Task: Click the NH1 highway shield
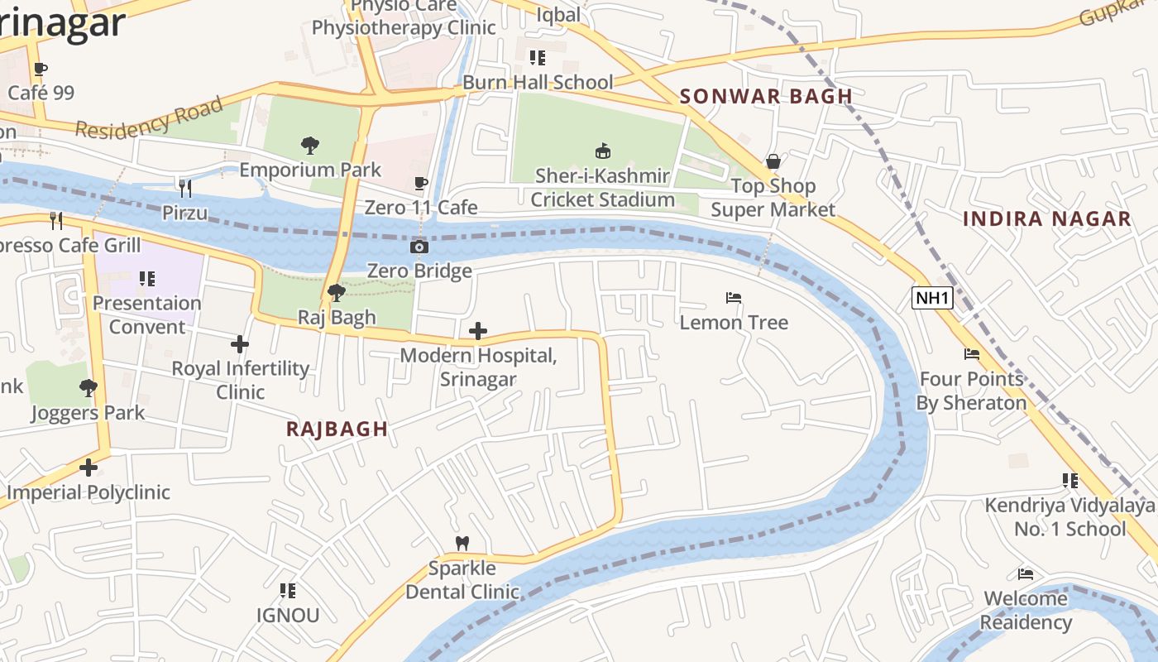point(932,298)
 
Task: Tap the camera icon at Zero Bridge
point(419,247)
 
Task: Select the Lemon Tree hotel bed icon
point(733,298)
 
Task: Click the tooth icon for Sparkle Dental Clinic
point(462,544)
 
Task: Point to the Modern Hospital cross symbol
point(477,331)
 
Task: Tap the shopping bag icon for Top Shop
point(773,161)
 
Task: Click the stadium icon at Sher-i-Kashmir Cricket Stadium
point(603,151)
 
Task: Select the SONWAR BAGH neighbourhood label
point(766,96)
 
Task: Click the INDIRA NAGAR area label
point(1046,219)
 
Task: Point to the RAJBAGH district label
point(337,429)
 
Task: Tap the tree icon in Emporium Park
point(310,146)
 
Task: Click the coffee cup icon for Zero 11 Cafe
point(420,183)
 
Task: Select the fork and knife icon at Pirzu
point(185,189)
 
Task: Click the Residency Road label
point(149,118)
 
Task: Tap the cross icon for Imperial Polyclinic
point(89,468)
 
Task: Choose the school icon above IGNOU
point(287,591)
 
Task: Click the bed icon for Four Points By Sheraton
point(972,354)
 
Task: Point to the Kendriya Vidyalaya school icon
point(1069,481)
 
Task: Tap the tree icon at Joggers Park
point(88,387)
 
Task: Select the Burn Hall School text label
point(538,82)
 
